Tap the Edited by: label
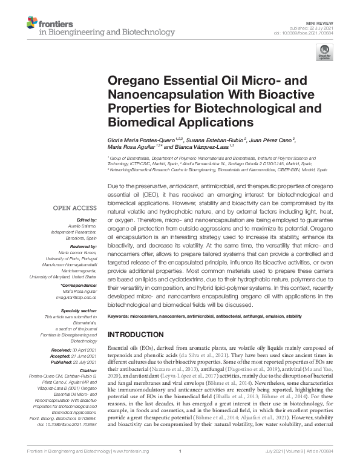pyautogui.click(x=85, y=220)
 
